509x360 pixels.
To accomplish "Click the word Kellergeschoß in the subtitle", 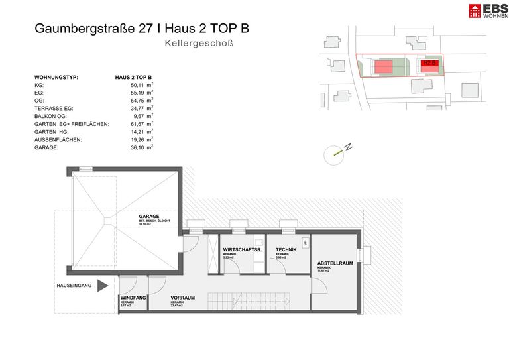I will (x=199, y=44).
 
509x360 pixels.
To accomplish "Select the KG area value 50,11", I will (x=137, y=86).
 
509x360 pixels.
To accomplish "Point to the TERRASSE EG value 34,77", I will (x=137, y=108).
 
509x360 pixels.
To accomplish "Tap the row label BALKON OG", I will (x=54, y=116).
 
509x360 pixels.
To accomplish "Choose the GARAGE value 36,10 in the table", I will (x=137, y=147).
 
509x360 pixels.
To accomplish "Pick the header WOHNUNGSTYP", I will (x=56, y=78).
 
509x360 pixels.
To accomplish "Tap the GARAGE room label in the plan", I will (x=149, y=217).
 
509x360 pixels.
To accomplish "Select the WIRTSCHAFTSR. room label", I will (x=241, y=251).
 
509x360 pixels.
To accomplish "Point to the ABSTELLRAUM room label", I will (x=334, y=263).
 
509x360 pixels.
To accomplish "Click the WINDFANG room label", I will (x=133, y=299).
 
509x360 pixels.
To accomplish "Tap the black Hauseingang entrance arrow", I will (x=102, y=286).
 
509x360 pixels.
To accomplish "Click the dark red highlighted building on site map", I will (x=429, y=64).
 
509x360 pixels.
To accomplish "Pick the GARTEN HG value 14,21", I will (x=137, y=131).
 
